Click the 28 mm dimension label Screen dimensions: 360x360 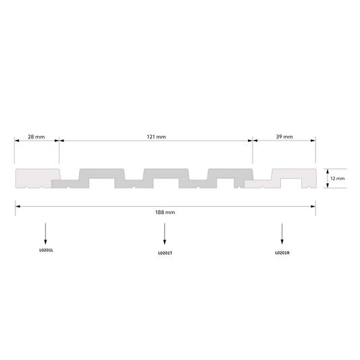pyautogui.click(x=36, y=137)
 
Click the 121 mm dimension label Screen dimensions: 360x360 pyautogui.click(x=156, y=137)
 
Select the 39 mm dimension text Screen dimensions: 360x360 pyautogui.click(x=284, y=137)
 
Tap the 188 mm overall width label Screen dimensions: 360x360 pyautogui.click(x=165, y=212)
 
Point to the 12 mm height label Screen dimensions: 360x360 pyautogui.click(x=337, y=178)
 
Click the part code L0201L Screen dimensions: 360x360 pyautogui.click(x=46, y=251)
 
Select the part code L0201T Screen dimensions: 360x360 pyautogui.click(x=165, y=253)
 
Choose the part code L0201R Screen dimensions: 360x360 pyautogui.click(x=282, y=253)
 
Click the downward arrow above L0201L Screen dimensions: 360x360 pyautogui.click(x=45, y=234)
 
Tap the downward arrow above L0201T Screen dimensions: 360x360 pyautogui.click(x=164, y=234)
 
